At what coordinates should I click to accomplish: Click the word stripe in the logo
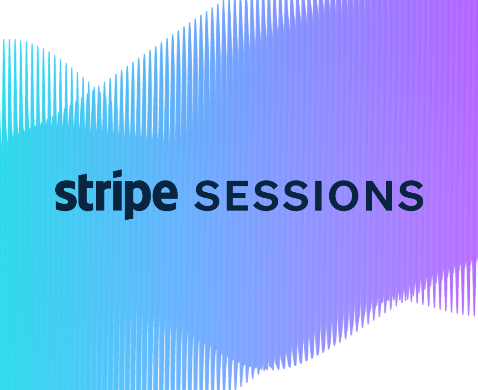(116, 194)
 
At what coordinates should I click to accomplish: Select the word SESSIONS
(309, 195)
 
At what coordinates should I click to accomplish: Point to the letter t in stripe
(82, 193)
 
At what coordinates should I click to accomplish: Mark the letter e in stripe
(162, 195)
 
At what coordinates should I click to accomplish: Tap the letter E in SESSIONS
(237, 195)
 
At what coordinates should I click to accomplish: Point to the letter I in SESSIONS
(319, 195)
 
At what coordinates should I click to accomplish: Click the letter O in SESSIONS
(347, 195)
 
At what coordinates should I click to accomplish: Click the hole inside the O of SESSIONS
(347, 195)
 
